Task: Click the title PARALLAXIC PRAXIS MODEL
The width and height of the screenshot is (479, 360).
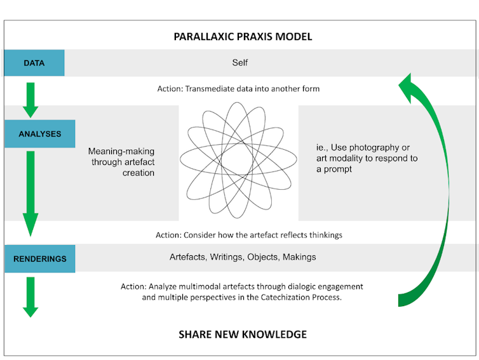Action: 243,36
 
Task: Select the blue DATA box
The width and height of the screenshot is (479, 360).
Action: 34,63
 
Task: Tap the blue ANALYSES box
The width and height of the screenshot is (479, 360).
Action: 39,134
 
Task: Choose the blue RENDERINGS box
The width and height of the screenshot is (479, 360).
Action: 39,258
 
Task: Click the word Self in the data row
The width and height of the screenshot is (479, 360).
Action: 239,63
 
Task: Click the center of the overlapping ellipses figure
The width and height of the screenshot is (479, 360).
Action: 238,156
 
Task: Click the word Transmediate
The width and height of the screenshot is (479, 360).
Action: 212,89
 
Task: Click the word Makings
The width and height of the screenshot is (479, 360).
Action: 299,257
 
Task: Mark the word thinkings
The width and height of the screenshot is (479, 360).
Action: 321,235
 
